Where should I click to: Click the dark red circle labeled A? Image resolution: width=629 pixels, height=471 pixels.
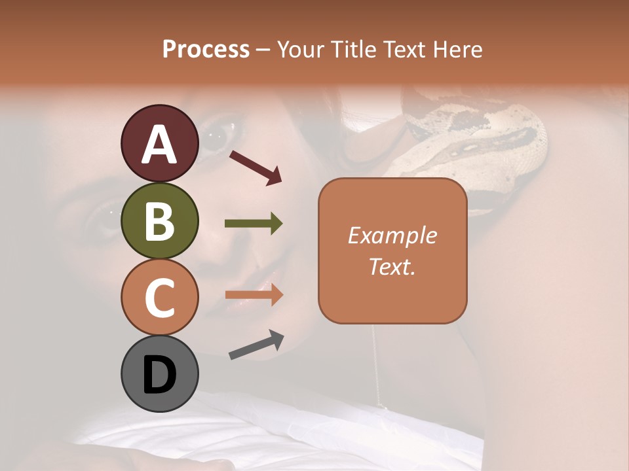(159, 143)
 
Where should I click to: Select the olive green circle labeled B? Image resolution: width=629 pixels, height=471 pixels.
(159, 220)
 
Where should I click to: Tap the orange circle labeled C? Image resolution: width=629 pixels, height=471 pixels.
(159, 297)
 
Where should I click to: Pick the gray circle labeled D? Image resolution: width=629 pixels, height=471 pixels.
(159, 374)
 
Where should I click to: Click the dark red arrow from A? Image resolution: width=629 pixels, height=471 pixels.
(256, 167)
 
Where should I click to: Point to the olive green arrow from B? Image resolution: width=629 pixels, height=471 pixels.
(254, 224)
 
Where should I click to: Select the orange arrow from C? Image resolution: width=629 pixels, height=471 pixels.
(254, 295)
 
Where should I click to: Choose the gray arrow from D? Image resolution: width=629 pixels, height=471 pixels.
(256, 345)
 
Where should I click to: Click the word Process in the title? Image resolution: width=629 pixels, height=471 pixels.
(206, 49)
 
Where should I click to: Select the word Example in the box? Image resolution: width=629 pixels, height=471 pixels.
(392, 235)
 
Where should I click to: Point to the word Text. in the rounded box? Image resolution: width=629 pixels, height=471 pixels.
(392, 266)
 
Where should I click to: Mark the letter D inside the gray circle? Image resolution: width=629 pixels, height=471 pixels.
(159, 375)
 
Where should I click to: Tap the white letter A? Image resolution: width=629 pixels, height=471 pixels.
(159, 145)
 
